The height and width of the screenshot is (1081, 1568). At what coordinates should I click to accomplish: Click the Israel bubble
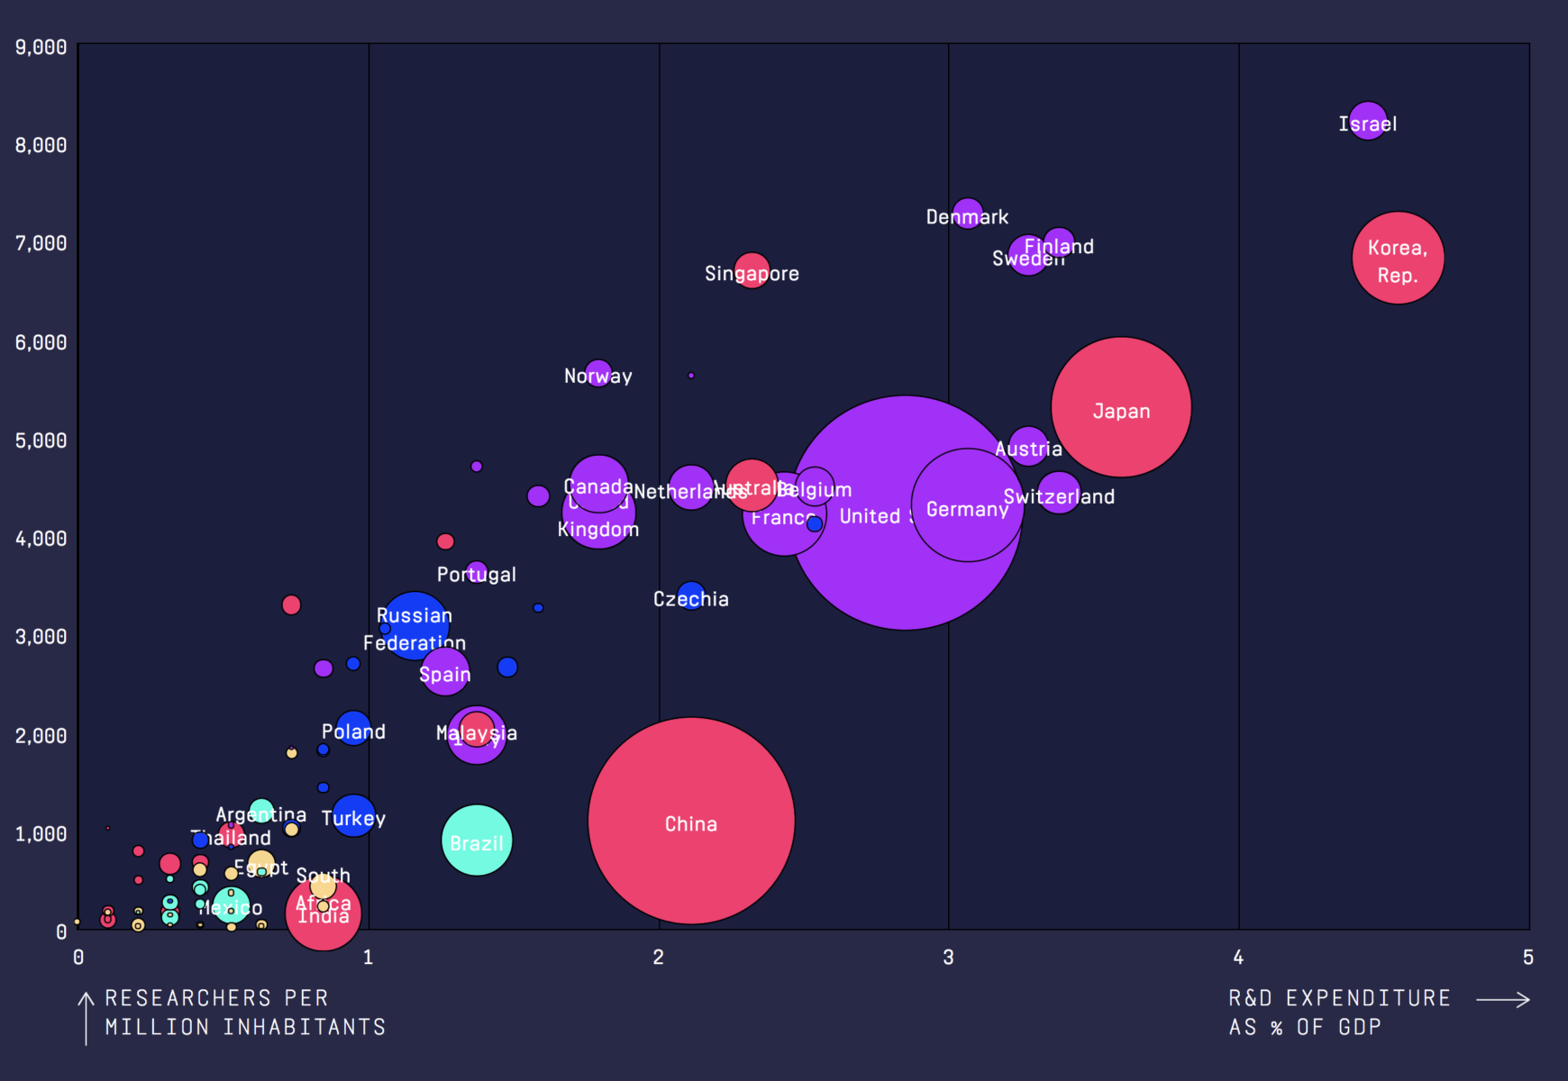pos(1367,121)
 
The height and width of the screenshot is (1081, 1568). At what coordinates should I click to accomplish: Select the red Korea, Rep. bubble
pos(1398,259)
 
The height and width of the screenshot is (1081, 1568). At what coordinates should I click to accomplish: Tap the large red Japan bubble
pos(1121,407)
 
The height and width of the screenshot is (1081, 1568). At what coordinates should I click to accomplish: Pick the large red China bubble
pos(691,821)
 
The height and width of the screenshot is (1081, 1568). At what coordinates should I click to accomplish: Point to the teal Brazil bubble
pos(477,840)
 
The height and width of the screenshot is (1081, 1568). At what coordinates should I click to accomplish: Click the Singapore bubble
pos(752,270)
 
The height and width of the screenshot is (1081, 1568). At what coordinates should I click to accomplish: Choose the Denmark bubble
pos(967,213)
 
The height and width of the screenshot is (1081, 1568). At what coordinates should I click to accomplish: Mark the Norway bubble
pos(598,373)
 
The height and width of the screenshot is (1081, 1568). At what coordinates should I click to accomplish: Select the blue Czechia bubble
pos(691,595)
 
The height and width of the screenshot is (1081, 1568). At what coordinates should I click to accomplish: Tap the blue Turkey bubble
pos(353,815)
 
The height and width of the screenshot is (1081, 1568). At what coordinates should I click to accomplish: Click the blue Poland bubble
pos(353,728)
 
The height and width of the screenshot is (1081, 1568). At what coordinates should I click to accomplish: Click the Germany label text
pos(967,510)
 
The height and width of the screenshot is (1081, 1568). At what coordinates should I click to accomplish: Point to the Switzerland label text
pos(1059,497)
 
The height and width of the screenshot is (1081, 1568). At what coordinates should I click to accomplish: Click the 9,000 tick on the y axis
pos(41,47)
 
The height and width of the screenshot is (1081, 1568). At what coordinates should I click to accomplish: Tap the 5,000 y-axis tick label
pos(41,441)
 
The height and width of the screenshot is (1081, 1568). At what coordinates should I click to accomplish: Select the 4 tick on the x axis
pos(1238,957)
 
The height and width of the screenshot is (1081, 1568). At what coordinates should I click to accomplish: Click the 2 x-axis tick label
pos(659,957)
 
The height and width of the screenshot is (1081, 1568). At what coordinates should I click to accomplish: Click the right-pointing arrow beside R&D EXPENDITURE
pos(1503,1000)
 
